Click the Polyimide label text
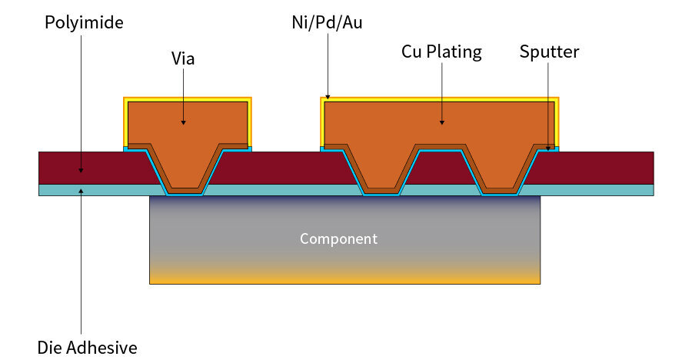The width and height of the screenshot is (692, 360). [x=84, y=22]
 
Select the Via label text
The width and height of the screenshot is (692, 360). [x=183, y=58]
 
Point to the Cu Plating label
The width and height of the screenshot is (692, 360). [x=441, y=52]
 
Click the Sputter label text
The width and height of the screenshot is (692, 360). [x=549, y=52]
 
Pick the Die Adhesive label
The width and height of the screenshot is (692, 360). [x=87, y=348]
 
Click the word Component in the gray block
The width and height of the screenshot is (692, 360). [x=338, y=238]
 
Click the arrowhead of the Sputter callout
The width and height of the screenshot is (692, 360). [x=549, y=148]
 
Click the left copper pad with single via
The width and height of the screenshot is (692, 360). [x=187, y=123]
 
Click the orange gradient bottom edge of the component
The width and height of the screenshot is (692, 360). [x=344, y=280]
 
